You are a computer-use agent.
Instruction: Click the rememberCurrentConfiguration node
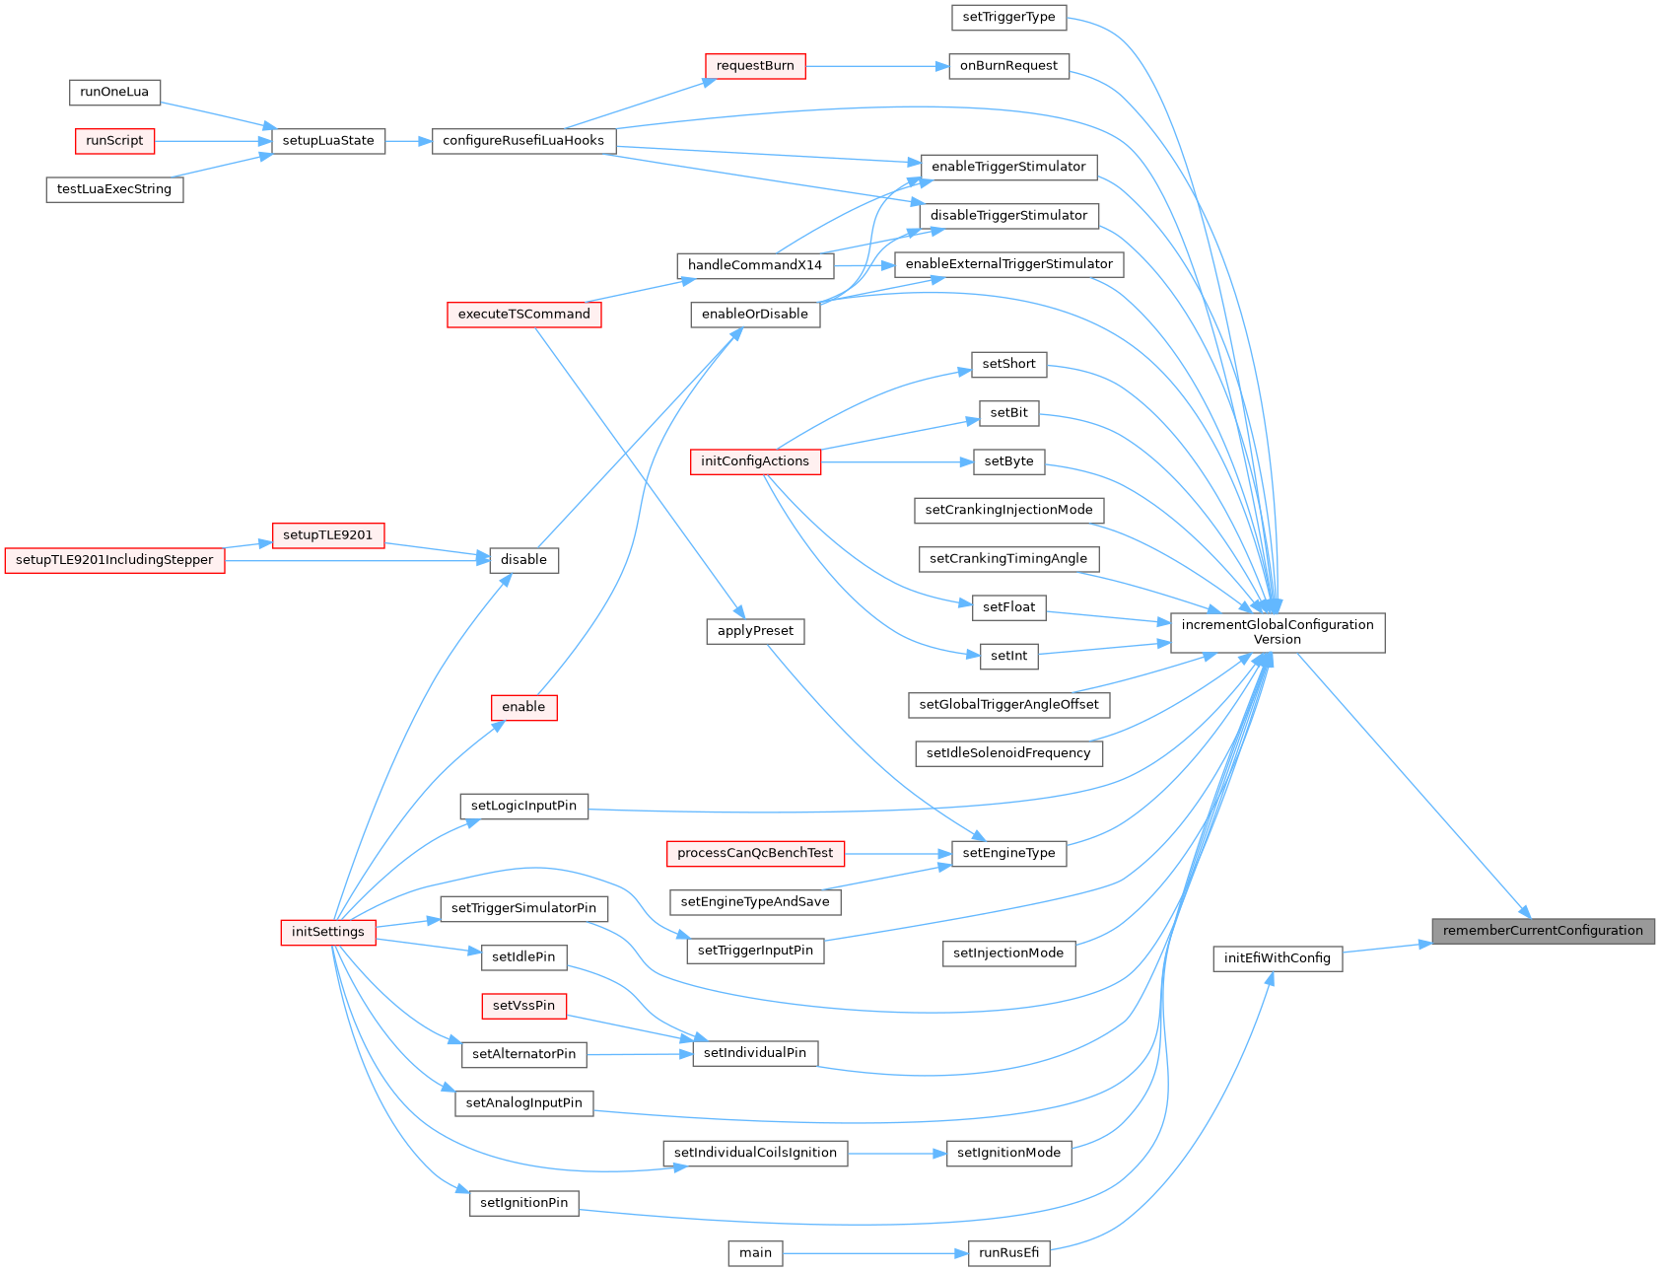pos(1543,931)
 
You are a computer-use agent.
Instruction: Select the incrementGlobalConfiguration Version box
pos(1278,632)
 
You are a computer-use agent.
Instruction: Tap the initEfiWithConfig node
pos(1278,958)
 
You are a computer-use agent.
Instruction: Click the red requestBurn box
pos(755,66)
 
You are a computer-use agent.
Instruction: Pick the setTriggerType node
pos(1008,17)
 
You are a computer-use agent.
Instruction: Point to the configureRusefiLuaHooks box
pos(523,141)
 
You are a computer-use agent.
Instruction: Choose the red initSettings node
pos(328,932)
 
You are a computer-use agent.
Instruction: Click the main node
pos(756,1253)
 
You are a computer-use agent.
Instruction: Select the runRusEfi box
pos(1009,1253)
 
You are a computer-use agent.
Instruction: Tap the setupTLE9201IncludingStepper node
pos(115,560)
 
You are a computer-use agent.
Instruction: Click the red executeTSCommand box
pos(524,315)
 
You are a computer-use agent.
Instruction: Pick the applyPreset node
pos(756,631)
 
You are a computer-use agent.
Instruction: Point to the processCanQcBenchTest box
pos(755,853)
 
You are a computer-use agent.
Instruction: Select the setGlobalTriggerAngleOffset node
pos(1009,705)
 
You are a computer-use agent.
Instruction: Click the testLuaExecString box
pos(114,189)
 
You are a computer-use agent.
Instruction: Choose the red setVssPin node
pos(524,1006)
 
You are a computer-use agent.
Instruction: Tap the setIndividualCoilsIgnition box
pos(755,1153)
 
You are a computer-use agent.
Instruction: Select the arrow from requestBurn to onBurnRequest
pos(877,66)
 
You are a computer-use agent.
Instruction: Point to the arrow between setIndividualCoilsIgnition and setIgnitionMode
pos(897,1153)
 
